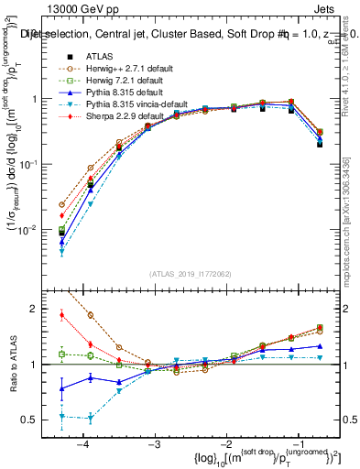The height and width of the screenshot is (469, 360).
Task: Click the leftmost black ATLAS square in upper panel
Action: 61,234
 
